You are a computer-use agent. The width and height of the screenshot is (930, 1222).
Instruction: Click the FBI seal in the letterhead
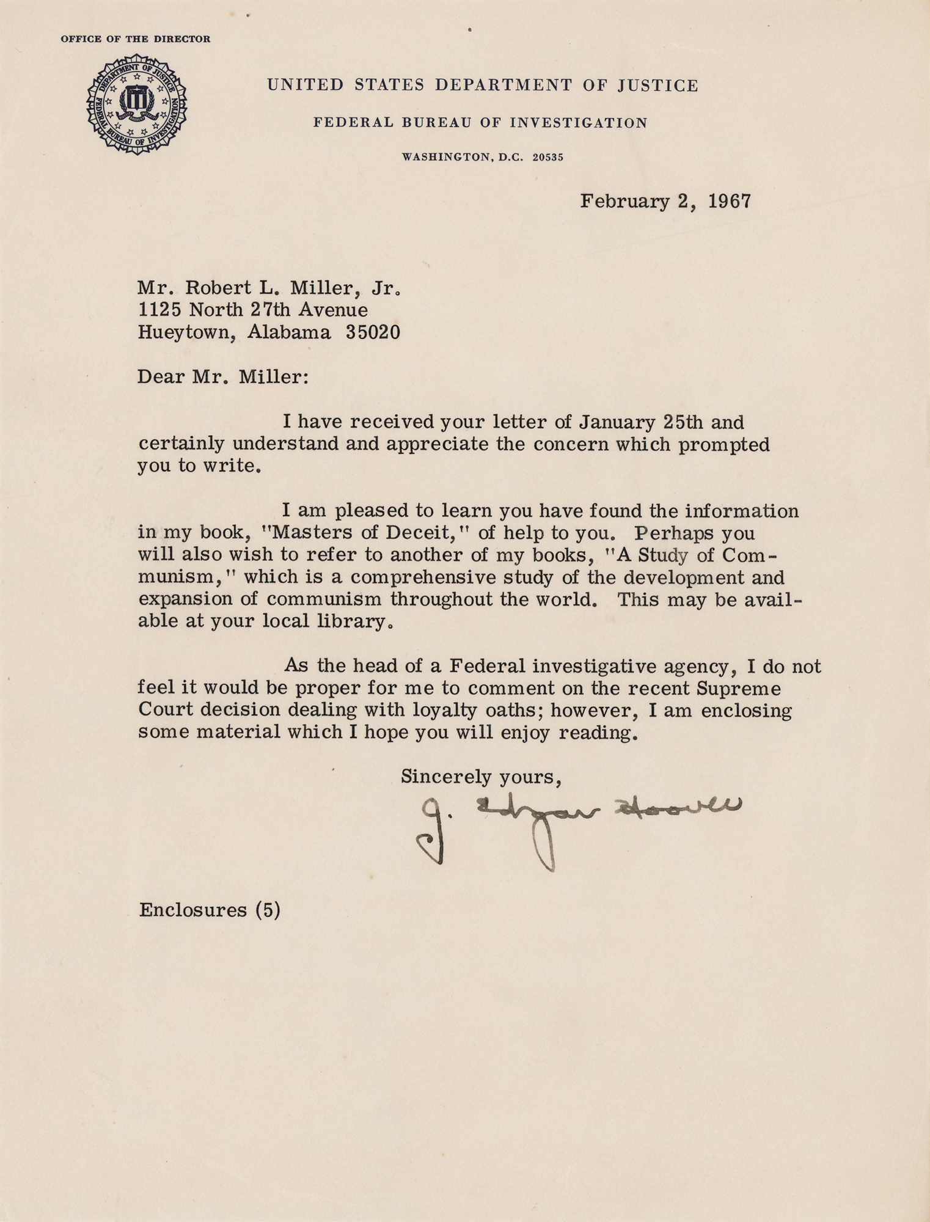(136, 104)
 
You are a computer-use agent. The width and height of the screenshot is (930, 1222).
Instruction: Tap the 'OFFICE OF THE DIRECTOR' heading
(136, 39)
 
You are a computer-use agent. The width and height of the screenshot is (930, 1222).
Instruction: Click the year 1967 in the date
(728, 201)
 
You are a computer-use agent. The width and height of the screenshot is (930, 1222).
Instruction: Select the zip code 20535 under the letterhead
(547, 158)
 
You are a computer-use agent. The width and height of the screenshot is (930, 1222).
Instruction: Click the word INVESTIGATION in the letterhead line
(578, 123)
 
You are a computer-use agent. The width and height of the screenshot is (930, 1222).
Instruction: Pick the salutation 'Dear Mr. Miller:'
(223, 376)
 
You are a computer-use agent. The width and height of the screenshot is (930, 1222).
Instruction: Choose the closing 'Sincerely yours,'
(481, 777)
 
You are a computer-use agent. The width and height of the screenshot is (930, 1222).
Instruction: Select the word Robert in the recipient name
(216, 288)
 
